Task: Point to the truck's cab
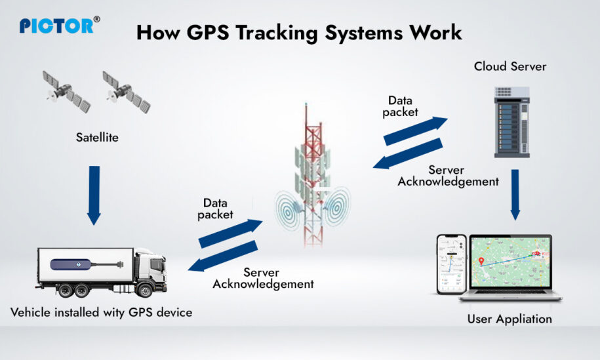pos(150,271)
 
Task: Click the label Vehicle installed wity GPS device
pos(102,312)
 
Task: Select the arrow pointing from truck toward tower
pos(230,233)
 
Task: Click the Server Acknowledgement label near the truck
pos(263,278)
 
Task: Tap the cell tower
pos(313,177)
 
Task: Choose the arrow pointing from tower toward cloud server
pos(415,130)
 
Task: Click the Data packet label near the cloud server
pos(404,106)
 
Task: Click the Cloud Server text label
pos(510,67)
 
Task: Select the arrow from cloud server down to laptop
pos(515,193)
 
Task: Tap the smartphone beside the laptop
pos(451,264)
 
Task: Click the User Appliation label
pos(509,319)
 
